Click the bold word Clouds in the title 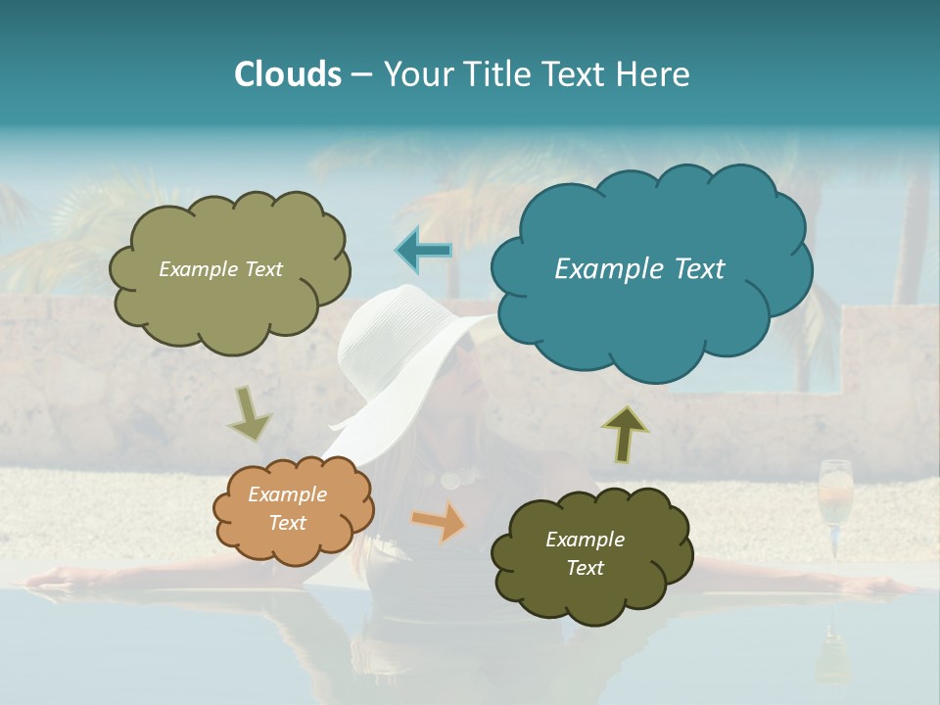pos(288,74)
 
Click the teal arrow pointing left pos(423,251)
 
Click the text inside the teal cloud pos(639,268)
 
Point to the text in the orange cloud pos(287,509)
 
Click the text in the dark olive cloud pos(585,553)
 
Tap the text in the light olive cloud pos(220,268)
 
